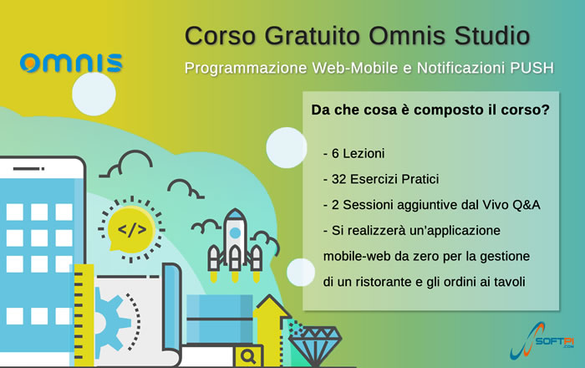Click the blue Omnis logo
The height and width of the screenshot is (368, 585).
coord(71,63)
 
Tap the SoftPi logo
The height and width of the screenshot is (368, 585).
coord(542,340)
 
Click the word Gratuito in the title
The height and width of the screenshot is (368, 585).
coord(312,36)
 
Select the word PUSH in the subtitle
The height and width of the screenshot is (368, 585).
coord(532,68)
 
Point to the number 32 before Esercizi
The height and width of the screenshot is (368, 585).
coord(338,179)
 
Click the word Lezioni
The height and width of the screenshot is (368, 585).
coord(364,153)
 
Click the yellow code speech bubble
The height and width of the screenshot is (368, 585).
coord(131,228)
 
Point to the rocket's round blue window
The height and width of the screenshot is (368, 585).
coord(235,233)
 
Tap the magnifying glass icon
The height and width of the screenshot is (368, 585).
coord(248,356)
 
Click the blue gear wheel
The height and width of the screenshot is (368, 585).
coord(108,322)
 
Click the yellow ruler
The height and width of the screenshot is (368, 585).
coord(83,315)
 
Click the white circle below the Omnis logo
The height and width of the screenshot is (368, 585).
coord(94,94)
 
